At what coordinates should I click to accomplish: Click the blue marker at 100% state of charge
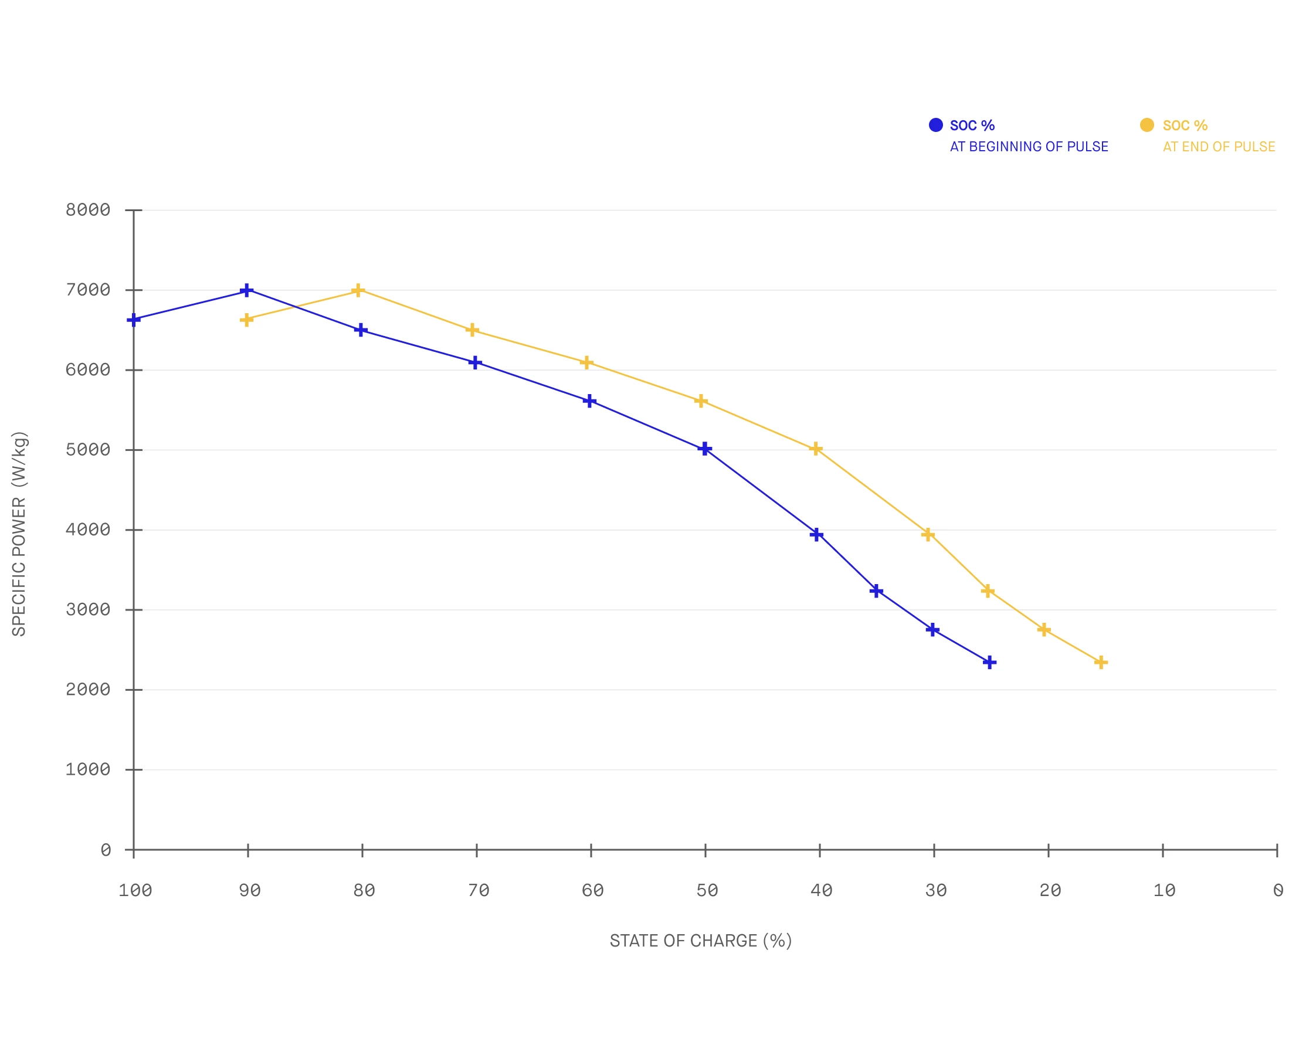click(x=134, y=320)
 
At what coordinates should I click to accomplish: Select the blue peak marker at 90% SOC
click(x=247, y=290)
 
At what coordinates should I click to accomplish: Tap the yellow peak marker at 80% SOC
click(x=358, y=290)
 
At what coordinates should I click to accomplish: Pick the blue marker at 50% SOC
click(x=705, y=449)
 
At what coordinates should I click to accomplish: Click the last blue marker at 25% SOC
click(x=990, y=663)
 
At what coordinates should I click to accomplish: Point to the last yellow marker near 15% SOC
click(x=1101, y=663)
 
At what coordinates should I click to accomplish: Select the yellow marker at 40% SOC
click(x=816, y=449)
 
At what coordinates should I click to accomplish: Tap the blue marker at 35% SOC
click(x=876, y=591)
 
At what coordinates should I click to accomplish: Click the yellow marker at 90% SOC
click(x=247, y=320)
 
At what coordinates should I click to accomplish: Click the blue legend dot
click(x=936, y=125)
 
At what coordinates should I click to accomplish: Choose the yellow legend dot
click(x=1147, y=125)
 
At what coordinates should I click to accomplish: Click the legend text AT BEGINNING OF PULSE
click(x=1029, y=147)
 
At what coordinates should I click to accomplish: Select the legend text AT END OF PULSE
click(x=1219, y=147)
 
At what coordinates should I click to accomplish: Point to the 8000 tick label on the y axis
click(x=88, y=211)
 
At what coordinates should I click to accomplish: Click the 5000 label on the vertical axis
click(x=88, y=450)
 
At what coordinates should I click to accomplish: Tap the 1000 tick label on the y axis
click(x=88, y=770)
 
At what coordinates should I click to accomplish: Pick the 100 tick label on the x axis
click(x=135, y=891)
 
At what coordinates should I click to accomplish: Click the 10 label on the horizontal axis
click(x=1164, y=891)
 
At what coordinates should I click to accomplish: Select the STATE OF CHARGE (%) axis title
click(x=701, y=941)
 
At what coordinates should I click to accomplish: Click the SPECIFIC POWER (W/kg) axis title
click(x=19, y=534)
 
